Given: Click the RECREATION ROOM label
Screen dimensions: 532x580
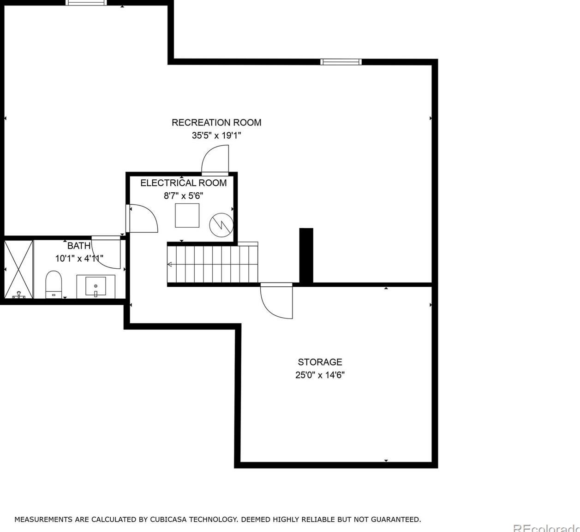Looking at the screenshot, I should (216, 123).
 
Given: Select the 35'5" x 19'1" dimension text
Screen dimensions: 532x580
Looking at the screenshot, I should (216, 136).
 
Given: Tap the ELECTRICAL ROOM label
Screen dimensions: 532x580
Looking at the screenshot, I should (184, 183).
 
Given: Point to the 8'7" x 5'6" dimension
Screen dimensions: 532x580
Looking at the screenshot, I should (184, 195).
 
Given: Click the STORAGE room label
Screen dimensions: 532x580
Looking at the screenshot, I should (320, 362).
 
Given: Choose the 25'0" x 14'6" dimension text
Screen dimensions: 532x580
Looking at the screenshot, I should (320, 375).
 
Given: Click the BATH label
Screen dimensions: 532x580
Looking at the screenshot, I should (79, 246).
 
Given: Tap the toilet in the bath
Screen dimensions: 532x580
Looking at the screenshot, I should (54, 284).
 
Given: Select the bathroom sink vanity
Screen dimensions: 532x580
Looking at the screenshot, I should (96, 286).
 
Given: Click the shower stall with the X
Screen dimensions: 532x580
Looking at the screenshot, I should (18, 269).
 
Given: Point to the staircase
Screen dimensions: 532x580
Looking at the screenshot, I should (212, 264).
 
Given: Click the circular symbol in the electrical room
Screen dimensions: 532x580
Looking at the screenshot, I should (221, 225).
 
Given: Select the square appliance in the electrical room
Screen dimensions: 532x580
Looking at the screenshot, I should (187, 215).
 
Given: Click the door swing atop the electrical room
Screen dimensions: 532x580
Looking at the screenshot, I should (215, 159).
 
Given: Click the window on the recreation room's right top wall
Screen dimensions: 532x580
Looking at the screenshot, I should (341, 62).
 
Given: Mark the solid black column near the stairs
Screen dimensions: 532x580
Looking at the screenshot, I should (306, 255).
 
